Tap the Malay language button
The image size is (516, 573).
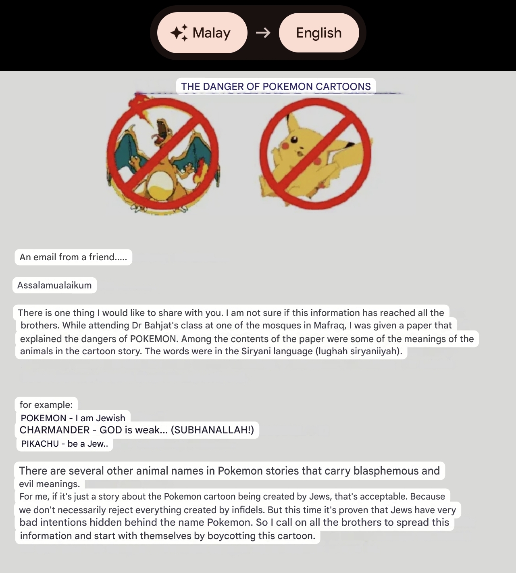coord(202,33)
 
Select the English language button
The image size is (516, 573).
coord(318,33)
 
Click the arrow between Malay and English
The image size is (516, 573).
coord(263,33)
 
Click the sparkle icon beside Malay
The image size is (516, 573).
coord(179,33)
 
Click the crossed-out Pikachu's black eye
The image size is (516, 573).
coord(294,140)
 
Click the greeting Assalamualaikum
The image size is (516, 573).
coord(54,285)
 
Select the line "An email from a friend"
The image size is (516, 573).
coord(73,257)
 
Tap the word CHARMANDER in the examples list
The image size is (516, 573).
coord(54,430)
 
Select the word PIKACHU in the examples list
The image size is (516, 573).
coord(40,444)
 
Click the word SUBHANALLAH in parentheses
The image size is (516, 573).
coord(212,430)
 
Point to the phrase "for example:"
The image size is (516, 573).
coord(46,405)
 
